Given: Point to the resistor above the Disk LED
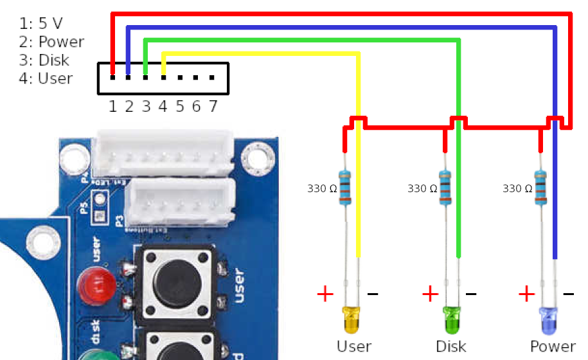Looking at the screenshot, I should [x=445, y=186].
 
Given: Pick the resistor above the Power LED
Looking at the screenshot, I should [x=540, y=186].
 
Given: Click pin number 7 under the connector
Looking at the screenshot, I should [x=213, y=106].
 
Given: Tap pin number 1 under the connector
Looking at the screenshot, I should [x=113, y=106].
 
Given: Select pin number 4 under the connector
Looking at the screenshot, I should [x=163, y=106].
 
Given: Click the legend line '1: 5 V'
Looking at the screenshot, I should [x=41, y=24].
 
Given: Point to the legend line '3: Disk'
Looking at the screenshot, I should [x=44, y=60].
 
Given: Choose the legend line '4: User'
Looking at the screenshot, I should [x=46, y=78].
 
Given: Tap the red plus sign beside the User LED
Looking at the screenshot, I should [x=326, y=294].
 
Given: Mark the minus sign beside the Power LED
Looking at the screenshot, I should [x=569, y=294].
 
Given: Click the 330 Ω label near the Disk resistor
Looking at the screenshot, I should [x=422, y=189].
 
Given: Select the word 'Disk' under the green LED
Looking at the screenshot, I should [x=451, y=346].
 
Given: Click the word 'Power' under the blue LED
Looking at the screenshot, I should [x=553, y=346].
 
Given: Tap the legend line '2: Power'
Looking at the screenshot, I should [x=51, y=42].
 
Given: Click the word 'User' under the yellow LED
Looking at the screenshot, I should [x=354, y=346].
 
